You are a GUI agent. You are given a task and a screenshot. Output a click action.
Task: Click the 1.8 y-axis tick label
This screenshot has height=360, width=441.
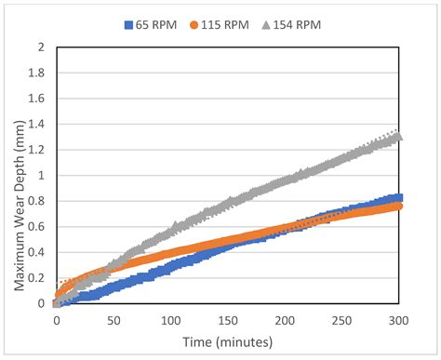[x=38, y=73]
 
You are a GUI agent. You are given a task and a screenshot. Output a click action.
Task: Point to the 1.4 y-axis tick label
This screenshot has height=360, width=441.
[x=38, y=124]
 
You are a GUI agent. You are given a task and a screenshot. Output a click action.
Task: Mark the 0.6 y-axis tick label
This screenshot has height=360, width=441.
[x=38, y=226]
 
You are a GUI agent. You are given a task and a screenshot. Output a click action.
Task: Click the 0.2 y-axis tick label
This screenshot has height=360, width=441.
[x=38, y=277]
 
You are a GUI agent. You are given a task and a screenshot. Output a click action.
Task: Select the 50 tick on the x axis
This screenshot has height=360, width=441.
[x=114, y=319]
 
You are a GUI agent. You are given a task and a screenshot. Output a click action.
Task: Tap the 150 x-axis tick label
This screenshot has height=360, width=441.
[x=228, y=319]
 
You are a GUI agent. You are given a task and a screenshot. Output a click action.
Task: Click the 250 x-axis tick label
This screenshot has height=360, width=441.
[x=342, y=319]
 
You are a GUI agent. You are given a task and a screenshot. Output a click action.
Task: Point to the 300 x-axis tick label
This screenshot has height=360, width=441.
[x=399, y=319]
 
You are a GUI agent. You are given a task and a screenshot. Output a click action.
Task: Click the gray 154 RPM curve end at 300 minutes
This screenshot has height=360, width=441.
[x=398, y=137]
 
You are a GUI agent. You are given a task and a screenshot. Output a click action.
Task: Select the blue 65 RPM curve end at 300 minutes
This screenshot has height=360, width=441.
[x=398, y=197]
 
